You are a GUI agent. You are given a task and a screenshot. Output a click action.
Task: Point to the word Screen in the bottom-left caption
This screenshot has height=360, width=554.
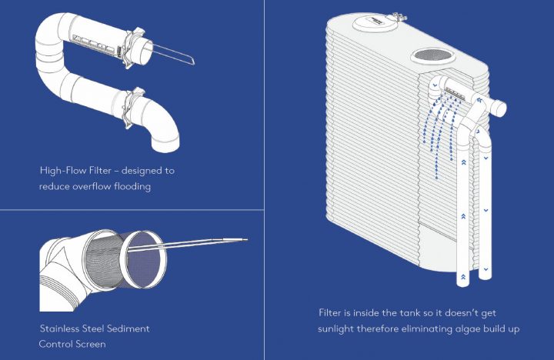pyautogui.click(x=87, y=344)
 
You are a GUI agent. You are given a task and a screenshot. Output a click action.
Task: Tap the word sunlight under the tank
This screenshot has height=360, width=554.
pyautogui.click(x=342, y=329)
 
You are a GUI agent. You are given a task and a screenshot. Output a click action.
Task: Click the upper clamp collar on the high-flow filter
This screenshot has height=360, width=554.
pyautogui.click(x=135, y=42)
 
